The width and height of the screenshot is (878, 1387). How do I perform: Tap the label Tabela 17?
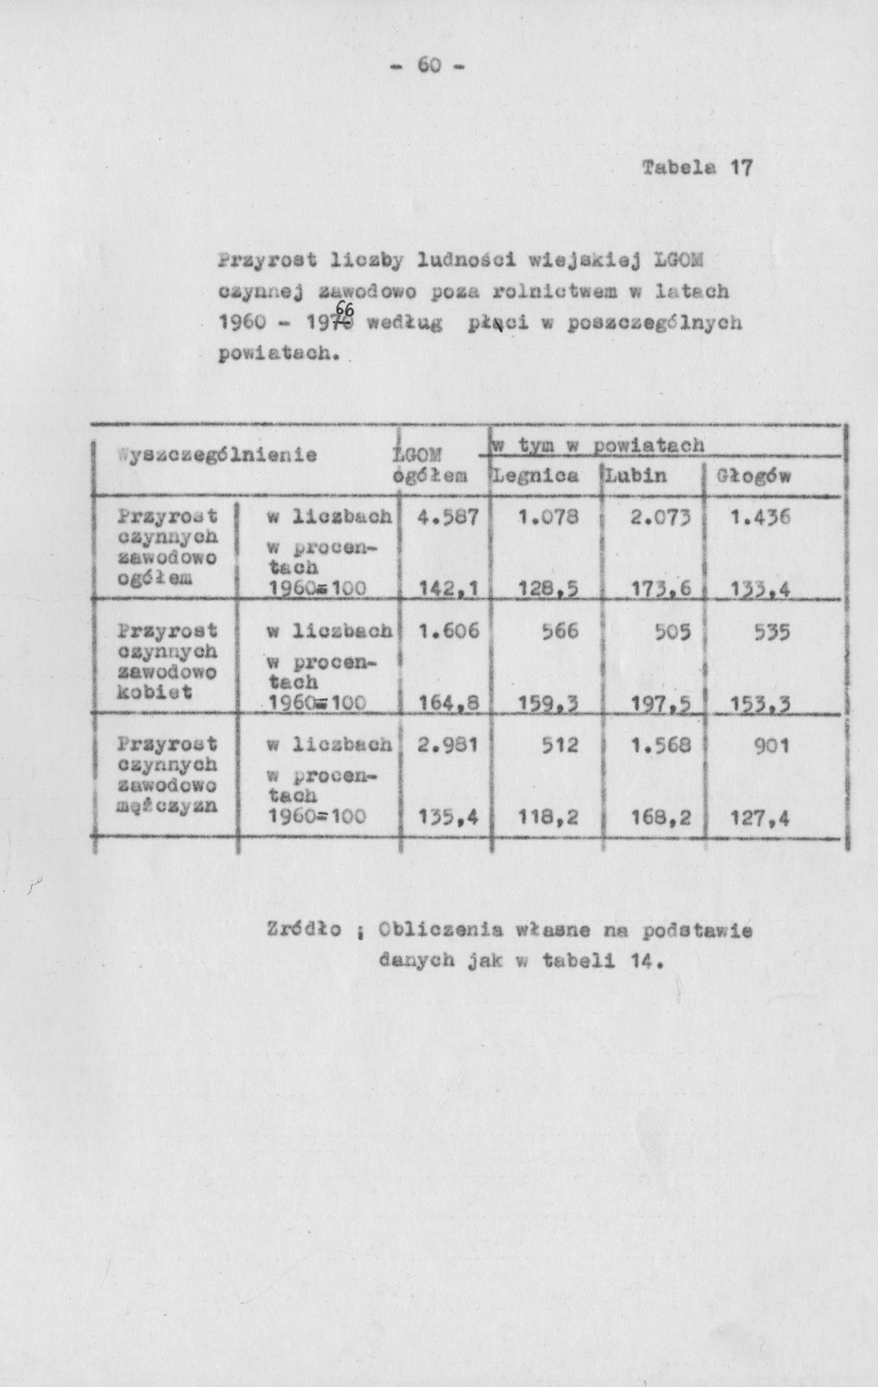click(x=697, y=168)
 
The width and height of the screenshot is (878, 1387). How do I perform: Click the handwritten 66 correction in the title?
click(x=345, y=311)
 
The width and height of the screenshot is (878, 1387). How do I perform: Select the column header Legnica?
click(x=534, y=476)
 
